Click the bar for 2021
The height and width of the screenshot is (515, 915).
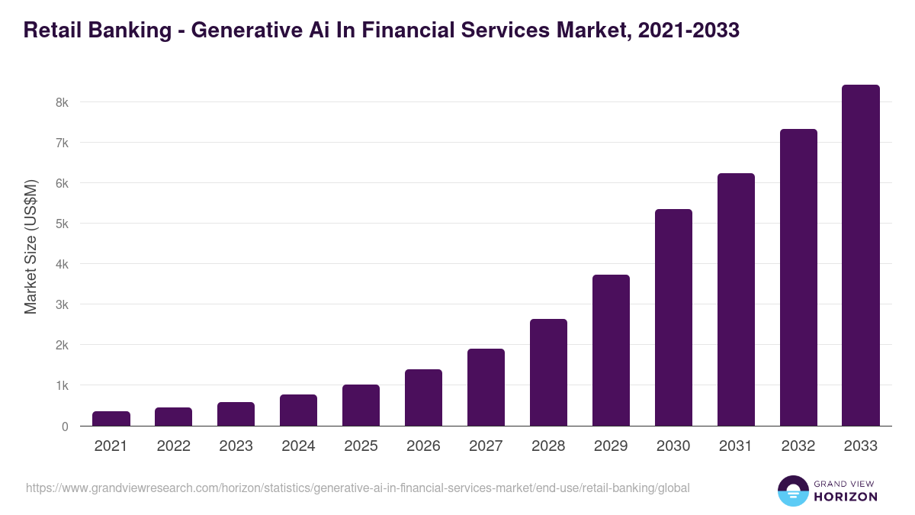111,418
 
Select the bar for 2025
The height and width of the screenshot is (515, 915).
361,405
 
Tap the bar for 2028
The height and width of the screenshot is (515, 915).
548,372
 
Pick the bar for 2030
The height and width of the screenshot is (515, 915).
673,317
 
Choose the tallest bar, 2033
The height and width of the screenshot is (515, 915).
861,256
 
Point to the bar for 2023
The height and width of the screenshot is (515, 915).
236,414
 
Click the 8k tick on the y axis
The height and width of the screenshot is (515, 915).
61,102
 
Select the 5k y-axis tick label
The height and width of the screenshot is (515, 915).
61,224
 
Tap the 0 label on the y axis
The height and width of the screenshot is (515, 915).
65,426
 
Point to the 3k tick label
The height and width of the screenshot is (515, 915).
61,304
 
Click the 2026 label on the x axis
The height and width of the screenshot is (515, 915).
423,446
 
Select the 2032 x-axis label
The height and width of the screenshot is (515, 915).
798,446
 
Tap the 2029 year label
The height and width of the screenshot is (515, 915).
611,446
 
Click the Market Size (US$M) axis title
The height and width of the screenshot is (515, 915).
30,246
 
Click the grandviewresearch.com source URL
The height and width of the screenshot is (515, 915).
358,488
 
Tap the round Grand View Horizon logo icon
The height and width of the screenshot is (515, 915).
792,491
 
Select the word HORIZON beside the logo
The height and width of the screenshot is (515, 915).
846,497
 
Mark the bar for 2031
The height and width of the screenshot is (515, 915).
736,300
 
